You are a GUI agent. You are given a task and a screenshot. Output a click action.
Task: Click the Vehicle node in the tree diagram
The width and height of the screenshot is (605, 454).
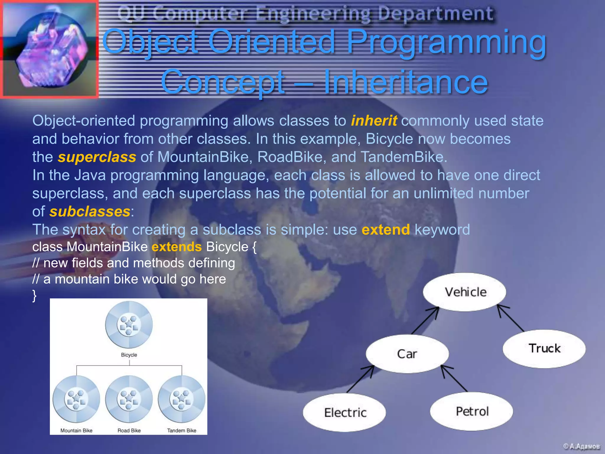click(x=464, y=292)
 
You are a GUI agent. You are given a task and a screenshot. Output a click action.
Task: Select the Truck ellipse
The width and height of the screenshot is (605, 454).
click(x=544, y=348)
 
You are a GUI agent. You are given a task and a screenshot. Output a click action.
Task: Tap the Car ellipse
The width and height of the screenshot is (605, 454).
click(x=407, y=354)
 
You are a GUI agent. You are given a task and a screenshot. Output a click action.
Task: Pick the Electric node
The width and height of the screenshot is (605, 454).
click(x=345, y=412)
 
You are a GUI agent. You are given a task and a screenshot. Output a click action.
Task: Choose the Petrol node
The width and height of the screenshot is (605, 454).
click(x=472, y=411)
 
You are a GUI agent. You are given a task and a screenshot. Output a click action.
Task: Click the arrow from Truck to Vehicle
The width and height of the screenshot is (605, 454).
click(x=510, y=318)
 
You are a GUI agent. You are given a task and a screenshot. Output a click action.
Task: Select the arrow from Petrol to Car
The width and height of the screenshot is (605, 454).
click(x=454, y=378)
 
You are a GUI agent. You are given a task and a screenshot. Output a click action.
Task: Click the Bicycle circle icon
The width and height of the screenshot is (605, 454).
click(x=129, y=325)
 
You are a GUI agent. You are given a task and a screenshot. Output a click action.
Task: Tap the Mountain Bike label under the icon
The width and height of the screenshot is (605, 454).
click(x=76, y=430)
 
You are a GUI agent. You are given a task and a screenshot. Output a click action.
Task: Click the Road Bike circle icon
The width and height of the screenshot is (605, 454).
click(x=129, y=399)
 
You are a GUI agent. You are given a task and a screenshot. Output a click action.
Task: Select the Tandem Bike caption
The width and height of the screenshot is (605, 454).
click(x=181, y=430)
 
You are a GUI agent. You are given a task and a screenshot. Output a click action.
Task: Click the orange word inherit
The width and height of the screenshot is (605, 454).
click(x=374, y=121)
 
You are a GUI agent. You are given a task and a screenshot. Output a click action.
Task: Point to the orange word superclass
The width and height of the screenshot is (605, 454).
click(x=97, y=157)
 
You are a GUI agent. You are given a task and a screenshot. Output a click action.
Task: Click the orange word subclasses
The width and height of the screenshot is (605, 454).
click(x=90, y=212)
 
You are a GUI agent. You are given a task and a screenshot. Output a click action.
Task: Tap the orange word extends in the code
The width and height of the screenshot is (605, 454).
click(x=176, y=247)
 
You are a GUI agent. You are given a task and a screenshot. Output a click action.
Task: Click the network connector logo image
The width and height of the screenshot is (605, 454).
click(x=49, y=49)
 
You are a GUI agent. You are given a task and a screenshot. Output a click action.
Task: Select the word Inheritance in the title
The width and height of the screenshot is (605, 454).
click(x=405, y=82)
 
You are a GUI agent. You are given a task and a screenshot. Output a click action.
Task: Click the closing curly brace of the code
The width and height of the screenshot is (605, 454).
click(x=35, y=295)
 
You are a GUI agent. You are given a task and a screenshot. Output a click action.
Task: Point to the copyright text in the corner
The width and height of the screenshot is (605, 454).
click(x=581, y=446)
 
